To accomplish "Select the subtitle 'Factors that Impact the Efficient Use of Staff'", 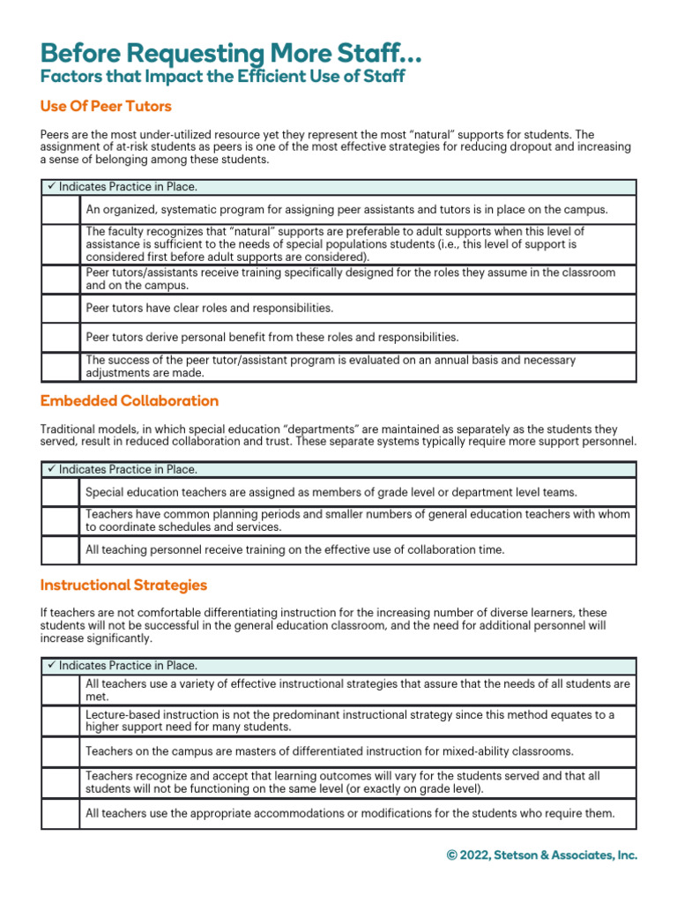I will click(223, 77).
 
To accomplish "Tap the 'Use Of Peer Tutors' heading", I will click(106, 107).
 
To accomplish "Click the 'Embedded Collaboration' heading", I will click(130, 401).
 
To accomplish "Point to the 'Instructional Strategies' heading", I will click(124, 586).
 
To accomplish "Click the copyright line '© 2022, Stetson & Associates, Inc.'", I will click(541, 855).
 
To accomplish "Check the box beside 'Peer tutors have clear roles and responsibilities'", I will click(61, 309).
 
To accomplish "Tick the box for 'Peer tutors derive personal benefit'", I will click(61, 337).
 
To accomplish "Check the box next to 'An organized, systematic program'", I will click(61, 210).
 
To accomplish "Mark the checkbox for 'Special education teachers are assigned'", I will click(61, 492).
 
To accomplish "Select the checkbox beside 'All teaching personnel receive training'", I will click(61, 550).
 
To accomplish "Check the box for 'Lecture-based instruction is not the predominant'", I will click(61, 720).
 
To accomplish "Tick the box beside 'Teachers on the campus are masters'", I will click(61, 751).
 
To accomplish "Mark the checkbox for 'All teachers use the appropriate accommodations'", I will click(61, 814).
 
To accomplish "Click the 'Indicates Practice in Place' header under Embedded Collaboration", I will click(128, 470).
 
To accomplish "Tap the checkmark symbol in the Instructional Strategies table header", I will click(51, 666).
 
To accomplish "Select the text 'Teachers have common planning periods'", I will click(191, 514).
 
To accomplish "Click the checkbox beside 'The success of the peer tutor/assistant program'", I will click(61, 367).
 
